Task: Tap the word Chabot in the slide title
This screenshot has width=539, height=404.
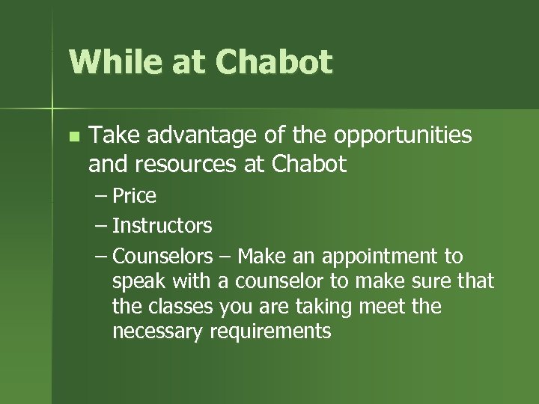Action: [274, 62]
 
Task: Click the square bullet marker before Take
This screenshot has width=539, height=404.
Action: [73, 136]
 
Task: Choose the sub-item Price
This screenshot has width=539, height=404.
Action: [134, 196]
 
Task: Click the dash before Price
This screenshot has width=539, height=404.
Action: [102, 197]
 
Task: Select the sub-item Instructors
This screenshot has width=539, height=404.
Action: [162, 225]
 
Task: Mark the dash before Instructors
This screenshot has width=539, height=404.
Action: [102, 226]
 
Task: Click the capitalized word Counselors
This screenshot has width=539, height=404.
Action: [163, 257]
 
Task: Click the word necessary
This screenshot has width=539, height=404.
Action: [156, 331]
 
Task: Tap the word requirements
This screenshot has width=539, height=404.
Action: [270, 331]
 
